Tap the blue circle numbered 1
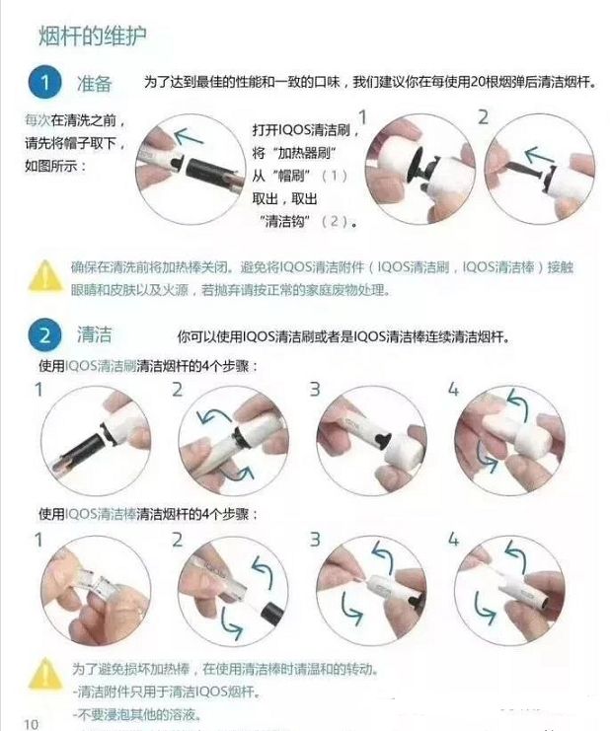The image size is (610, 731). click(x=44, y=82)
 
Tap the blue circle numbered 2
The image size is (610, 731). click(x=44, y=336)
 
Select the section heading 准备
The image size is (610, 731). click(x=95, y=82)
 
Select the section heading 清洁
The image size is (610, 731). click(x=95, y=335)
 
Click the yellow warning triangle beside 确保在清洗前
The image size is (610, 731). click(x=44, y=275)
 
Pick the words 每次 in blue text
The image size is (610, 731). click(x=37, y=120)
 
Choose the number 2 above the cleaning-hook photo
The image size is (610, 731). click(x=483, y=116)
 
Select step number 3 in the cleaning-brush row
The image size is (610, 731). click(x=315, y=389)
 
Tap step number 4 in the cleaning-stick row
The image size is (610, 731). click(x=453, y=540)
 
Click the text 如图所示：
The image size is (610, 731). click(x=55, y=165)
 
